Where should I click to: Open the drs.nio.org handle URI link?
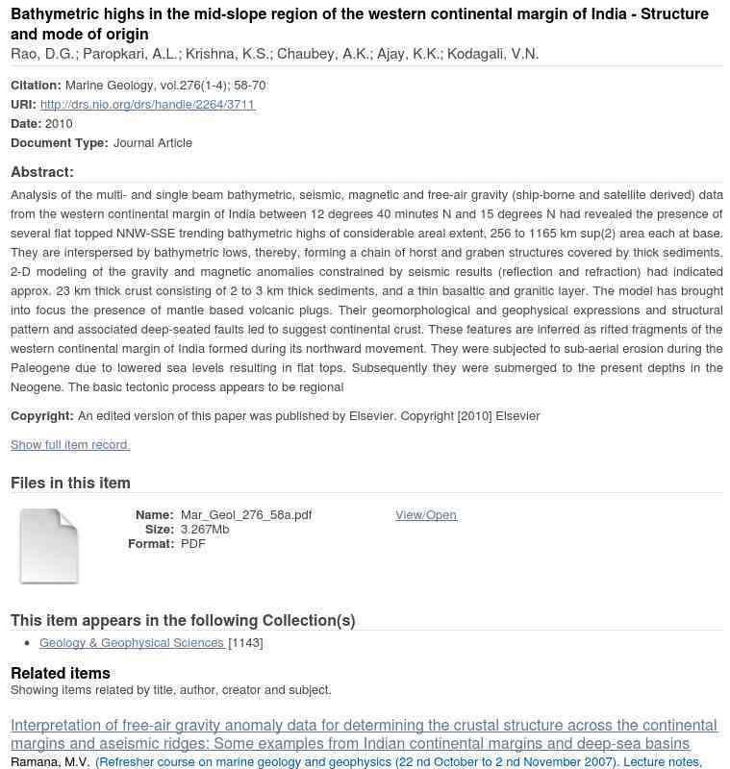147,105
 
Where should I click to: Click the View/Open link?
425,515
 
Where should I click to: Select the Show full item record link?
69,445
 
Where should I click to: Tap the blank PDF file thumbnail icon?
49,545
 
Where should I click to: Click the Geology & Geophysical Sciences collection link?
132,643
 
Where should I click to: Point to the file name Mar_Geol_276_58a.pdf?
246,515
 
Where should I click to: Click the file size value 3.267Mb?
205,530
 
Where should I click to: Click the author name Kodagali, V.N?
493,54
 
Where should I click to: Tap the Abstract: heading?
42,172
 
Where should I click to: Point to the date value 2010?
59,124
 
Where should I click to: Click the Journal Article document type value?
153,143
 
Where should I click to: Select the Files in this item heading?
70,483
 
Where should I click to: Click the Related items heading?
61,673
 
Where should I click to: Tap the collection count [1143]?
245,643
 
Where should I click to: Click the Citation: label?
37,86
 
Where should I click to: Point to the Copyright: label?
42,416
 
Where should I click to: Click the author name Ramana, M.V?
50,762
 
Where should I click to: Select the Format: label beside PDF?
151,544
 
